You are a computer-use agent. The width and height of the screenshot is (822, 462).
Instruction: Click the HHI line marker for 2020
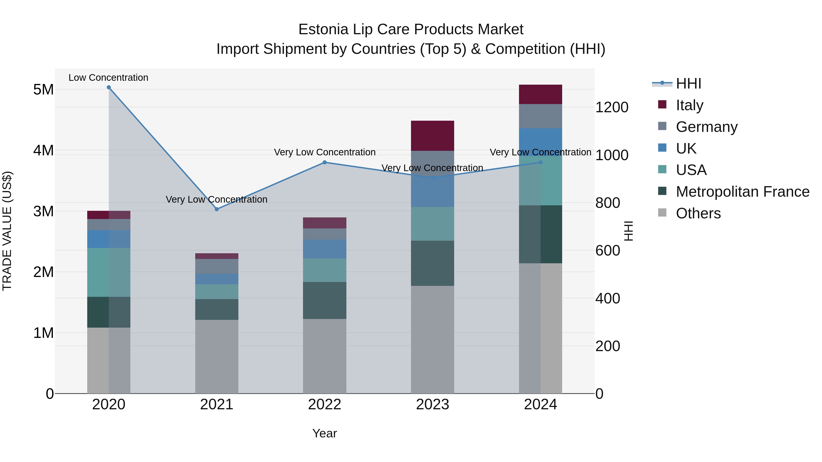[x=109, y=87]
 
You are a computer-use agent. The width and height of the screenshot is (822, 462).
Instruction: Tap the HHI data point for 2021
[x=217, y=209]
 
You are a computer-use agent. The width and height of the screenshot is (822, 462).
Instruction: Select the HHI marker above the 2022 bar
[x=324, y=162]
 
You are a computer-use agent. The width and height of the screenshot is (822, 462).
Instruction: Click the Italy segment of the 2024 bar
[x=540, y=94]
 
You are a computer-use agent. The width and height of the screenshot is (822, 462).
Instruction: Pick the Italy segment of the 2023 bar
[x=432, y=136]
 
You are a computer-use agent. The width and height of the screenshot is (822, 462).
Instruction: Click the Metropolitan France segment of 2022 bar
[x=324, y=300]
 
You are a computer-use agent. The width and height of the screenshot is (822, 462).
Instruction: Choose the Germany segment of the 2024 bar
[x=540, y=116]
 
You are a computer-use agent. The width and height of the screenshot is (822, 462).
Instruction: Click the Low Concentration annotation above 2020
[x=108, y=78]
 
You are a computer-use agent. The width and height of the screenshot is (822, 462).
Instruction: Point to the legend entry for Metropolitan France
[x=742, y=192]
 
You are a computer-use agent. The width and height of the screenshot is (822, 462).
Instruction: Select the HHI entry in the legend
[x=688, y=84]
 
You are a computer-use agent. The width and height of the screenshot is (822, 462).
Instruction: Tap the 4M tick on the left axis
[x=43, y=150]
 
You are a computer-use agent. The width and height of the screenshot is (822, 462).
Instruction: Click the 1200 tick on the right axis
[x=612, y=107]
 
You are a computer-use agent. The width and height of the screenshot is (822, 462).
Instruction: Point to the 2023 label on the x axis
[x=432, y=405]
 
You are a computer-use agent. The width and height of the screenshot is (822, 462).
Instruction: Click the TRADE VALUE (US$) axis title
[x=7, y=231]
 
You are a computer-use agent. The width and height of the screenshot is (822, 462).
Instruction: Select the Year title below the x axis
[x=324, y=433]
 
